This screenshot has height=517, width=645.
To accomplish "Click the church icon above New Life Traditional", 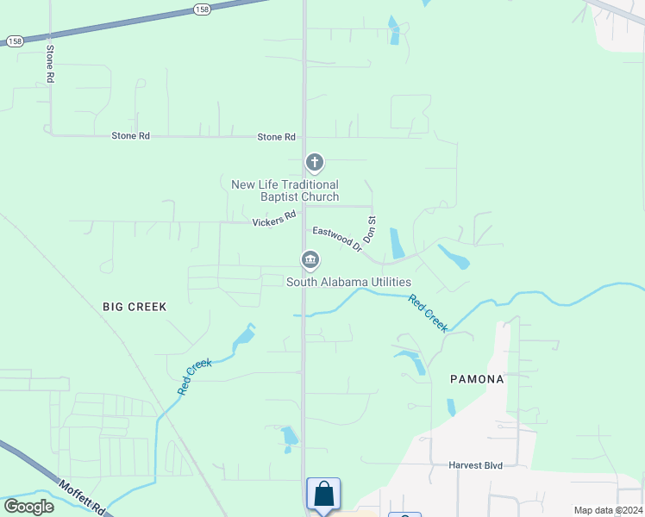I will [315, 161].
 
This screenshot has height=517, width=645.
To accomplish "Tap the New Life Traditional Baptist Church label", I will [285, 190].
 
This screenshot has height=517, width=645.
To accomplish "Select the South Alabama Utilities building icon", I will [310, 259].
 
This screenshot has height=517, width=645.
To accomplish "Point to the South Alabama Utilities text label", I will [348, 282].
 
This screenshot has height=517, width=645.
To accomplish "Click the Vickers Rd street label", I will [274, 219].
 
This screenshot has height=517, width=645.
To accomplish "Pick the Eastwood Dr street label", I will [336, 239].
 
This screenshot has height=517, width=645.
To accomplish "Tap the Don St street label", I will [371, 228].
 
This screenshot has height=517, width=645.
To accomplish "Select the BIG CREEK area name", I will [134, 306].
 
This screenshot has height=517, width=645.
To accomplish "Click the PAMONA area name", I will [477, 379].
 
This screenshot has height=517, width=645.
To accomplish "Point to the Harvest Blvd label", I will [475, 465].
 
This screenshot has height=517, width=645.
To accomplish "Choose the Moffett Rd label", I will [82, 497].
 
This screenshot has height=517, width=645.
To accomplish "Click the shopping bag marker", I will [323, 495].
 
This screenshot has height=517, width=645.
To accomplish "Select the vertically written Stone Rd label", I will [50, 64].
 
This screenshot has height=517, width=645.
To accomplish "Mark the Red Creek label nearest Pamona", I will [428, 314].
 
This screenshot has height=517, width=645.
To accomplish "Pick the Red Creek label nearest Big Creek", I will [195, 377].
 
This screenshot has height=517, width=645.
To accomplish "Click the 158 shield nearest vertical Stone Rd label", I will [15, 40].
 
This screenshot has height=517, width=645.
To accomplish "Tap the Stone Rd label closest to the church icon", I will [276, 137].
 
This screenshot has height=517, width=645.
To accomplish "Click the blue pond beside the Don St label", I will [397, 243].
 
